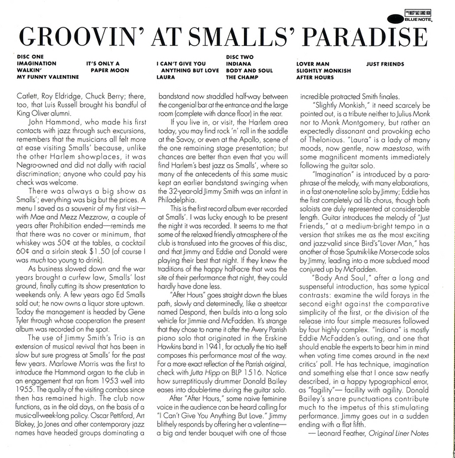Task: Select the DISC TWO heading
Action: coord(240,56)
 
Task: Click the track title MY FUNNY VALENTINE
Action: coord(48,78)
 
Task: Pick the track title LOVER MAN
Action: coord(312,63)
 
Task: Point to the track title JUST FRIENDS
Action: coord(385,63)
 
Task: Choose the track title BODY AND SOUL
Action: coord(249,70)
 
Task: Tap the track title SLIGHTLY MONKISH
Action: coord(326,70)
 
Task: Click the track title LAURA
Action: coord(166,78)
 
